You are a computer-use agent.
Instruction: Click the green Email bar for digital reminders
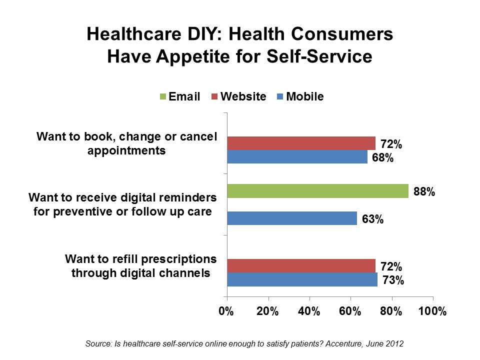click(317, 191)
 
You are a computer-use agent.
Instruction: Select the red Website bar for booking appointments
click(301, 143)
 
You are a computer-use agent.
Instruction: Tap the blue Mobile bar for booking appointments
click(297, 156)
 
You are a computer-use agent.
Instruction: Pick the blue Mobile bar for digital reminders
click(291, 218)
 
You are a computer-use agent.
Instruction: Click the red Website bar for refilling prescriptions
click(301, 266)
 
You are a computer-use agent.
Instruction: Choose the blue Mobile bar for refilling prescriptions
click(302, 279)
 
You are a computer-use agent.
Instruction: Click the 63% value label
click(372, 219)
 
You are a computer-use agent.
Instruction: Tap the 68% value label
click(382, 159)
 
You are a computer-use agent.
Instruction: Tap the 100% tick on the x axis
click(431, 310)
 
